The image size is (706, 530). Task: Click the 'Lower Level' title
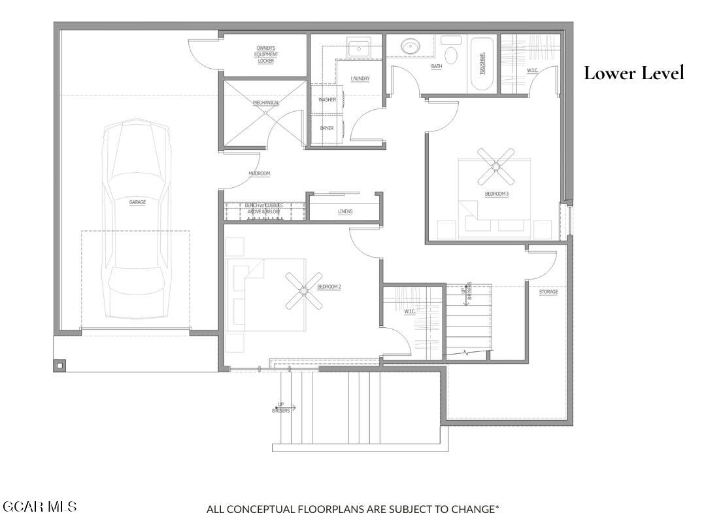tap(633, 73)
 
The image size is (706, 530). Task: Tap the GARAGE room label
tap(137, 202)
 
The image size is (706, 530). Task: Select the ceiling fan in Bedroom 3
tap(496, 166)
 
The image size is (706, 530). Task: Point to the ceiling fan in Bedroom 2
tap(304, 291)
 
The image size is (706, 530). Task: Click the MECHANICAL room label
tap(266, 103)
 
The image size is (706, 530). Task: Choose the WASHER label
tap(327, 100)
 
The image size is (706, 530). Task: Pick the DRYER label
tap(327, 128)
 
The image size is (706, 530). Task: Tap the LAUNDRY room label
tap(360, 79)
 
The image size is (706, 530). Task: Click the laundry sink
tap(358, 48)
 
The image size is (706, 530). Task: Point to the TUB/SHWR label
tap(483, 64)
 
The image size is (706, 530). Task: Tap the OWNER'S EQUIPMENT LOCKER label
tap(266, 54)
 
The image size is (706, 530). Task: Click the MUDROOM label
tap(259, 173)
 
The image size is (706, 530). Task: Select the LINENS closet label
tap(345, 211)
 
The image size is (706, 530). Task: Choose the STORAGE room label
tap(548, 291)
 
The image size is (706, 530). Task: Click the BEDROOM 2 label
tap(329, 287)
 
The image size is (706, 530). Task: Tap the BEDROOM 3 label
tap(496, 194)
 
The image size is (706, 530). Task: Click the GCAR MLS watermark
tap(40, 506)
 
